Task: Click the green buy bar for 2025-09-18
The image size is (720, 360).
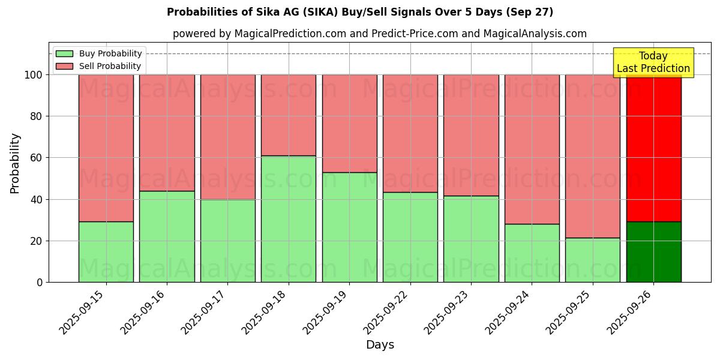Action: point(289,219)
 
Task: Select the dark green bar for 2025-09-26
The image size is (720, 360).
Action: point(653,252)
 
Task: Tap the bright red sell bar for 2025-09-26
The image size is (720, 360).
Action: point(653,150)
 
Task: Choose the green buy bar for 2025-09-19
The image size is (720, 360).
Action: point(349,227)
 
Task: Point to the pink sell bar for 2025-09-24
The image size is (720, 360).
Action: point(532,149)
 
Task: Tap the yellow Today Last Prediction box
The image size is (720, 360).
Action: point(653,62)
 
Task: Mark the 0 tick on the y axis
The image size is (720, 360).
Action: point(40,283)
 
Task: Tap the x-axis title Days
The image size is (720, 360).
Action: point(380,345)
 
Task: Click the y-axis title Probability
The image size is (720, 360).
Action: point(15,163)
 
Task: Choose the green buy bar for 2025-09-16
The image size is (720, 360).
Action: point(167,236)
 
